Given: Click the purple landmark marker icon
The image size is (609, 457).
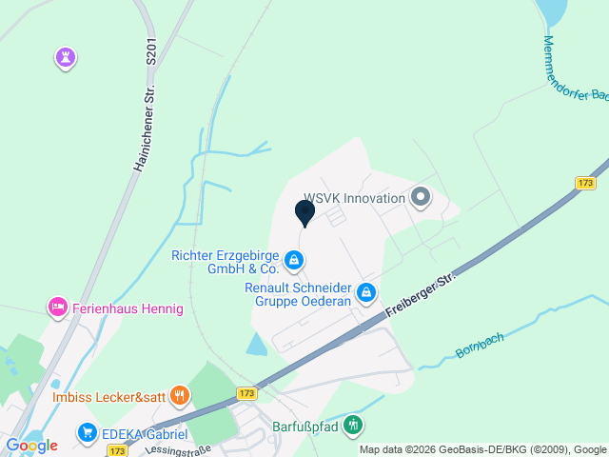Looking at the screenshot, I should point(65,58).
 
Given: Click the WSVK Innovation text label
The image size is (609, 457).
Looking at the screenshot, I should point(354,198).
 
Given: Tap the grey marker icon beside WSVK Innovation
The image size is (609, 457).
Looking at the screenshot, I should point(421,198).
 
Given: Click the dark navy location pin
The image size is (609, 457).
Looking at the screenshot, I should point(305,212).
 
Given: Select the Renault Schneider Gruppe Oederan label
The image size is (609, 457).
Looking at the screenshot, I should point(298,294).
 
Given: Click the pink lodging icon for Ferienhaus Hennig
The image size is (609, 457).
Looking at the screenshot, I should point(58,308).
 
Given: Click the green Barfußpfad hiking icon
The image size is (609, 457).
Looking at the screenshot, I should point(354,425).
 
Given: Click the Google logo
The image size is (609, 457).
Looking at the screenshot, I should point(31,445).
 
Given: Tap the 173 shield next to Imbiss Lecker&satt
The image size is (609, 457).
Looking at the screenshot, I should point(247,393).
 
